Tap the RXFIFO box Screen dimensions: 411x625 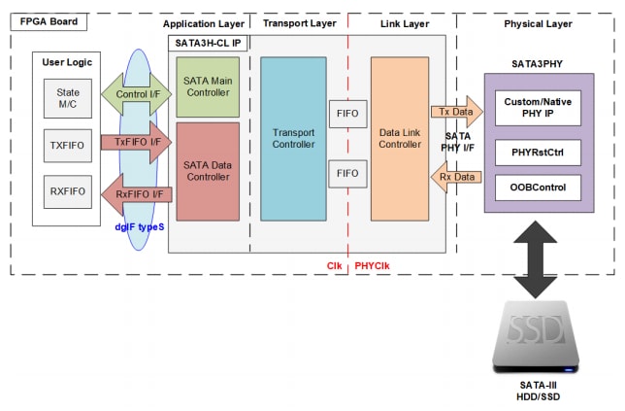point(68,190)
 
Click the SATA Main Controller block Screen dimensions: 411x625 point(208,87)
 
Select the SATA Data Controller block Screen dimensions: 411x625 point(208,171)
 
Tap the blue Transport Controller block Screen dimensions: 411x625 point(294,139)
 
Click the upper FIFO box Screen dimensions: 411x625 point(347,114)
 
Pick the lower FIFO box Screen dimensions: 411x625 point(347,174)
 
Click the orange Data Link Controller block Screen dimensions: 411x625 point(400,139)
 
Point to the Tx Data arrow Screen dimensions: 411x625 point(455,112)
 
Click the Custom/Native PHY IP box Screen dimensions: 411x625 point(538,108)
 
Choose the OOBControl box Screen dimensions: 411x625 point(538,186)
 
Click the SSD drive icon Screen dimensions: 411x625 point(537,334)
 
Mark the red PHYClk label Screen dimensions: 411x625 point(373,264)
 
